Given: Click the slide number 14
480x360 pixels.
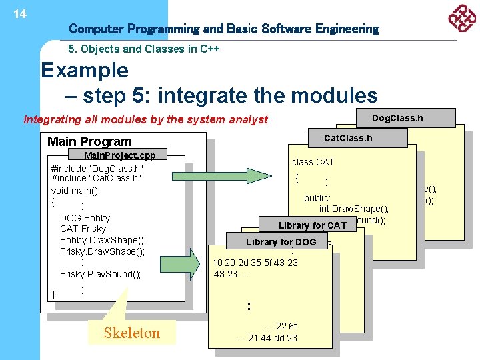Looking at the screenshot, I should click(x=20, y=13).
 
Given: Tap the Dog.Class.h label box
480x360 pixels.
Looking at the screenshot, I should click(x=397, y=119).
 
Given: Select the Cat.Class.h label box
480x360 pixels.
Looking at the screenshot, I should click(x=347, y=138).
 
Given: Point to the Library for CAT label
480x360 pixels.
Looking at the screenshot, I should click(x=313, y=225).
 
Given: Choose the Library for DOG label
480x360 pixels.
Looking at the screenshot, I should click(x=281, y=242).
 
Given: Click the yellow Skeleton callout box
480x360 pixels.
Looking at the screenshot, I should click(x=132, y=333).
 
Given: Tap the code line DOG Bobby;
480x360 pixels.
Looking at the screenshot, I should click(x=86, y=218).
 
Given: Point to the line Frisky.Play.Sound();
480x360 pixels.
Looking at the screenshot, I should click(x=100, y=274).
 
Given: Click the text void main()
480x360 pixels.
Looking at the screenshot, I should click(x=74, y=190).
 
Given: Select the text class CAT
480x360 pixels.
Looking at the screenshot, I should click(x=313, y=162).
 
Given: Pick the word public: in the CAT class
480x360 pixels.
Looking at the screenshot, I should click(x=317, y=198).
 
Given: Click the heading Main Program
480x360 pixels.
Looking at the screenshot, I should click(x=89, y=141).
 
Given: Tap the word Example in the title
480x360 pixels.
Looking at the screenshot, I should click(x=85, y=70).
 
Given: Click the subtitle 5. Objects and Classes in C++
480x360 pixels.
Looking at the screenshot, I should click(x=145, y=49).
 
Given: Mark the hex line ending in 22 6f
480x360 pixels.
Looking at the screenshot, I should click(x=281, y=326).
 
